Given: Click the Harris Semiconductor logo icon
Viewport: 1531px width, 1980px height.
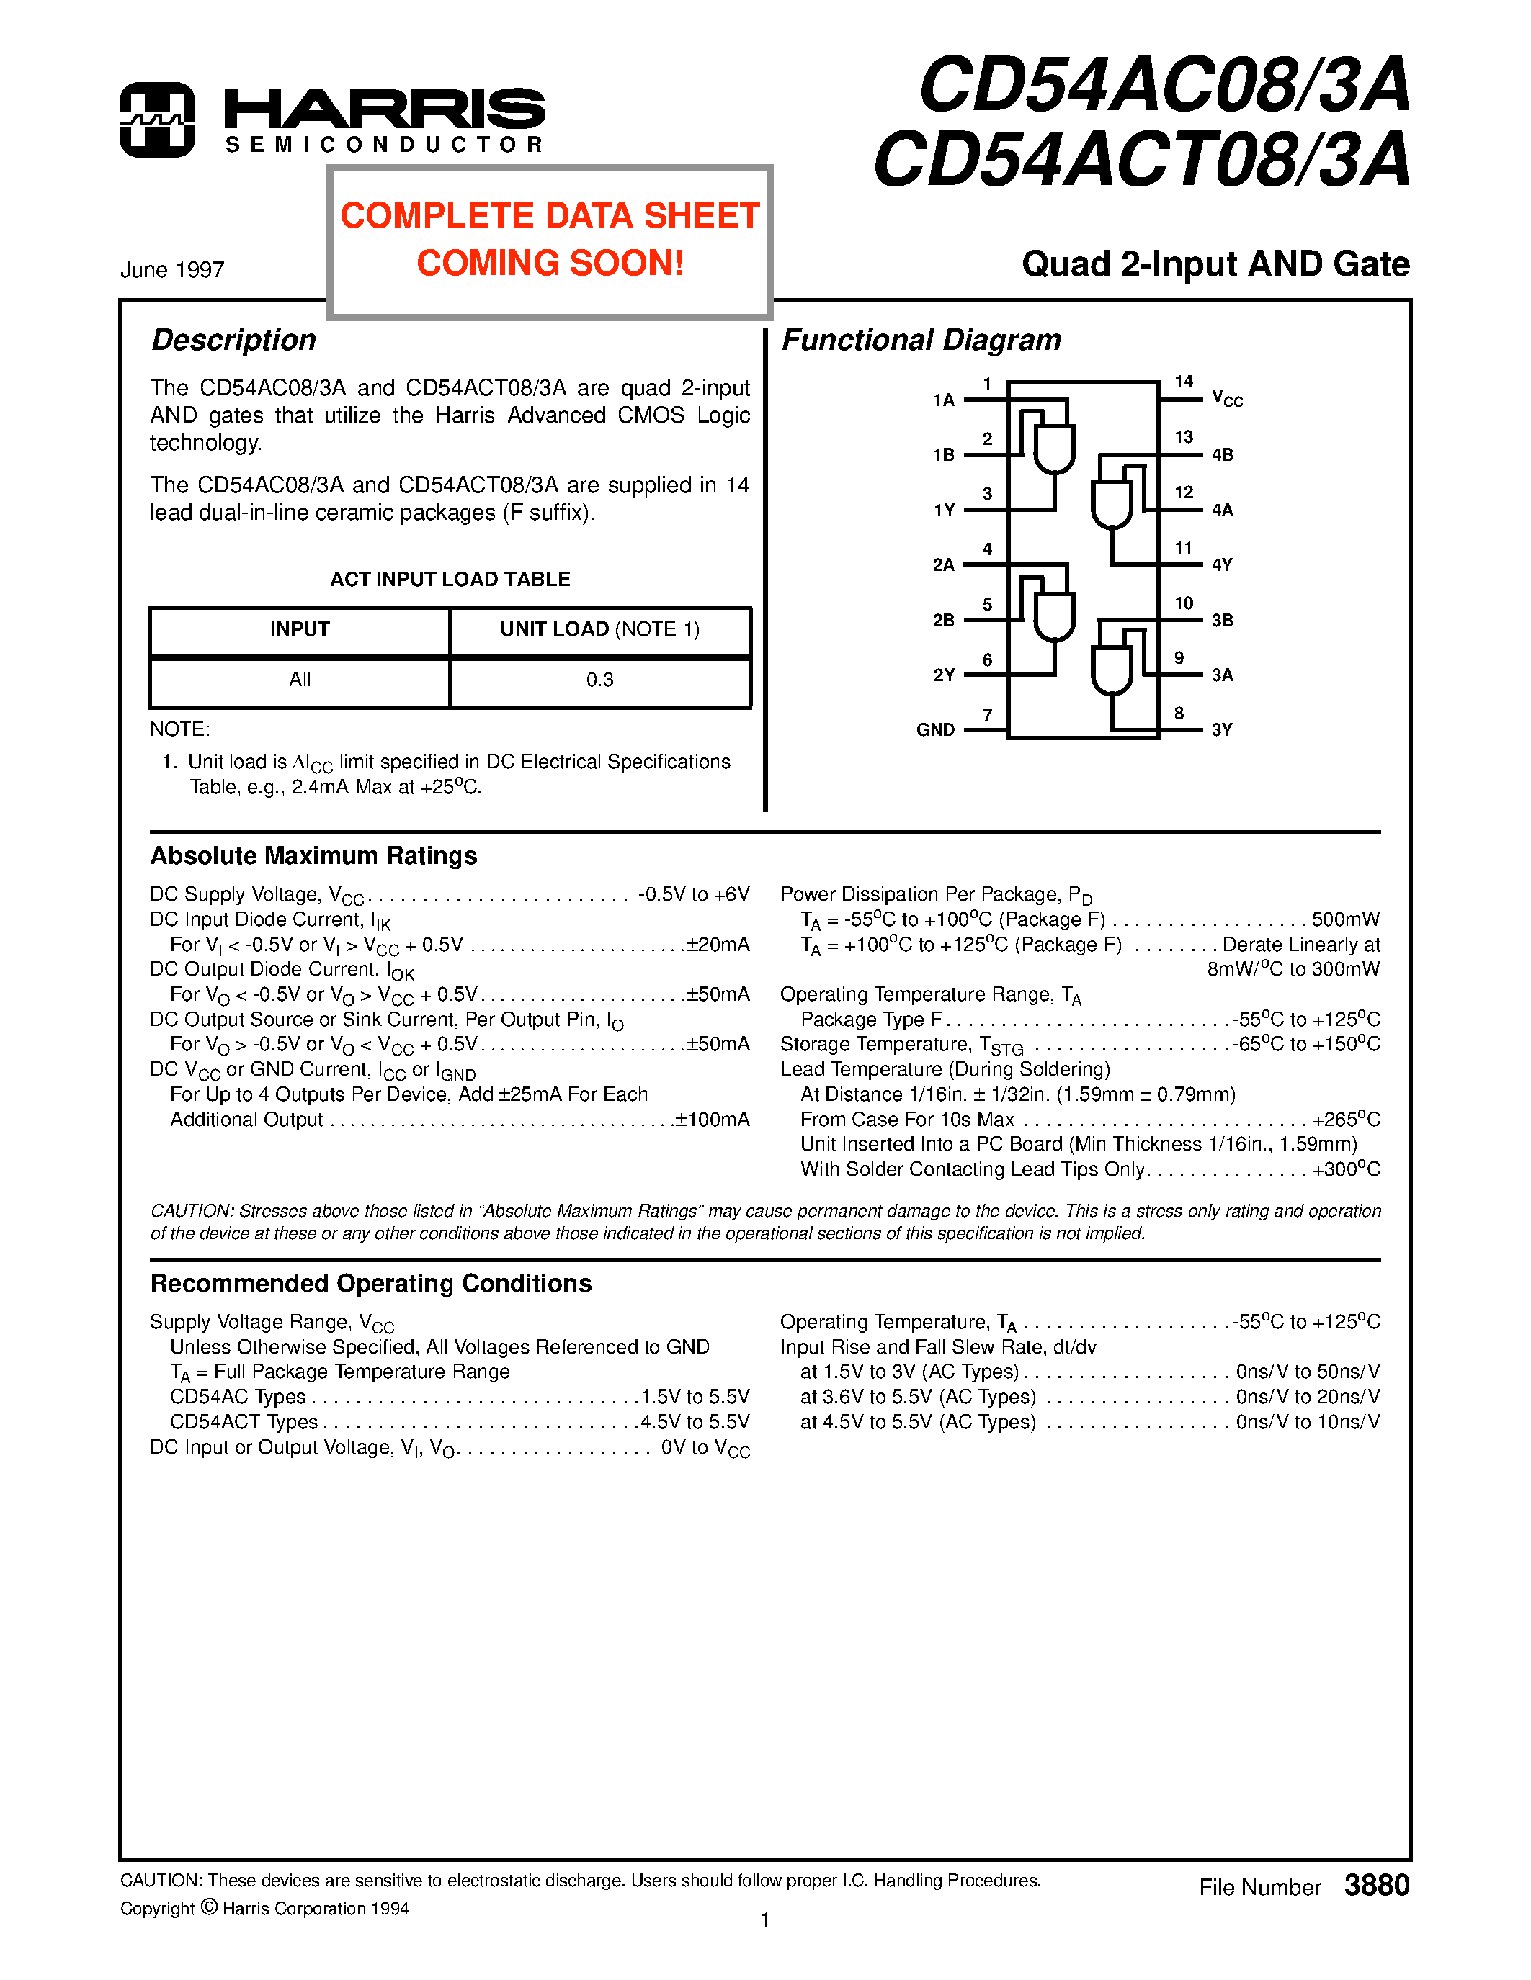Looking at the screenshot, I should (157, 120).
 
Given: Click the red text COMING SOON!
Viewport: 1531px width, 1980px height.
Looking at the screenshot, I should (550, 263).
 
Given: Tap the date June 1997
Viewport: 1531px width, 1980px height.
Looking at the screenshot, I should (172, 270).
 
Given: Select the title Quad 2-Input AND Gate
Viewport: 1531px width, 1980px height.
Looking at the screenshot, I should (1215, 264).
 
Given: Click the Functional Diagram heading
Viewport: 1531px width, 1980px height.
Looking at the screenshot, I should (921, 340).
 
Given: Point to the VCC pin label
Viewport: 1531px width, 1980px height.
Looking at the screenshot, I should (1226, 399).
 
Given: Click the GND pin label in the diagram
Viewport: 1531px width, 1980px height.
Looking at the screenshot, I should (935, 730).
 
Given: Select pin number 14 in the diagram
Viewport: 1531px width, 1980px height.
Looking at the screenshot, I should (1184, 382).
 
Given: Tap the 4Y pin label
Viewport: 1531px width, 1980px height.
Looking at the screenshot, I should (1222, 564).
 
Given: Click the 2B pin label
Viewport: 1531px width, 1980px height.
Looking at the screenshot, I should (943, 620).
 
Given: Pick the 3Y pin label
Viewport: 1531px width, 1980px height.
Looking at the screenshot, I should (1222, 730).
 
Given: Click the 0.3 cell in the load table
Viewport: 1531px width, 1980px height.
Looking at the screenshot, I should (599, 680).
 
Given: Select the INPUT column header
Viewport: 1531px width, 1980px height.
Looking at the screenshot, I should (299, 629).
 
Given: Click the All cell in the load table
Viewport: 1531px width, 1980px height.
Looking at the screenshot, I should (299, 680).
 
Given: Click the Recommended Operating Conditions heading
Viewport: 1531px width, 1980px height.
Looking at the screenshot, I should (370, 1284).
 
